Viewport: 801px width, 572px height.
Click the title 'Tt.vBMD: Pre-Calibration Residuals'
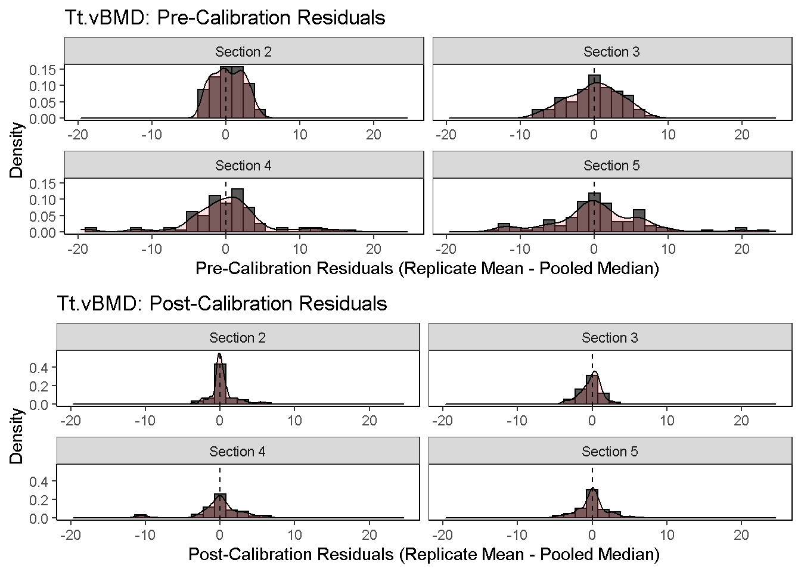point(225,18)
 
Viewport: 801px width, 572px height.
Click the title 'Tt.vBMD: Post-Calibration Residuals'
point(222,304)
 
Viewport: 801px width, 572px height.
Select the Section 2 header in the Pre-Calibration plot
point(243,52)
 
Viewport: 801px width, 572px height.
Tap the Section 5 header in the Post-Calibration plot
point(610,452)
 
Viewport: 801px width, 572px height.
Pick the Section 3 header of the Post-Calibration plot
point(610,338)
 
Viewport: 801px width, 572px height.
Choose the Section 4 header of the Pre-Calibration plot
point(243,166)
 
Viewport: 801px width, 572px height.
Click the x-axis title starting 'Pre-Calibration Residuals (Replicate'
point(427,269)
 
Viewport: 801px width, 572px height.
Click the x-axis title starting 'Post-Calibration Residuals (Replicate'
point(424,555)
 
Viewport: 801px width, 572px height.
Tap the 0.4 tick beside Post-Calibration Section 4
point(39,481)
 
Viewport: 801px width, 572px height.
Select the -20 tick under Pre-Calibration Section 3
point(446,135)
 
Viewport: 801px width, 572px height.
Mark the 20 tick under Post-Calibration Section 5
point(741,534)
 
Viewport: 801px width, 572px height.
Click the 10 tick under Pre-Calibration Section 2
point(300,135)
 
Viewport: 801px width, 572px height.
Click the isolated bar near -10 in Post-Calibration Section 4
point(140,516)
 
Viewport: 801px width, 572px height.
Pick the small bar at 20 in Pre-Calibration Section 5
point(741,230)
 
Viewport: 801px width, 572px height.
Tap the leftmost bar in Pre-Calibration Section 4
point(91,230)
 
